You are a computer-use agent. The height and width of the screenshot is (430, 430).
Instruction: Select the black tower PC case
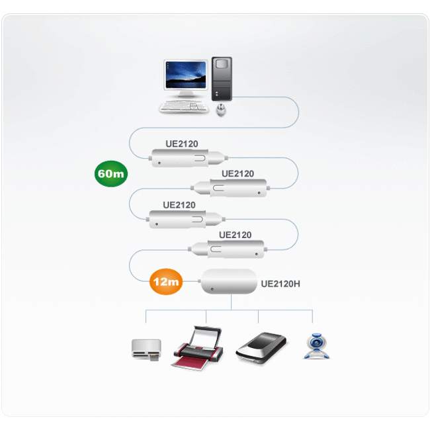[222, 79]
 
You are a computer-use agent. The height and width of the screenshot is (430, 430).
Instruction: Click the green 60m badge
[110, 174]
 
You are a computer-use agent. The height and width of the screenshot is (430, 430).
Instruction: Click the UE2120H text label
[280, 284]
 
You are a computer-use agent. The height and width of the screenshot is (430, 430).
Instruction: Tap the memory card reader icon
[145, 349]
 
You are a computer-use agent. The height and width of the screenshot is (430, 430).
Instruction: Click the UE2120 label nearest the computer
[182, 144]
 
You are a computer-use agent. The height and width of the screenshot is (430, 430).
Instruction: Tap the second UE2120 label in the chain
[237, 173]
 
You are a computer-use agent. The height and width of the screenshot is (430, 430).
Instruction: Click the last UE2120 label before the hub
[235, 234]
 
